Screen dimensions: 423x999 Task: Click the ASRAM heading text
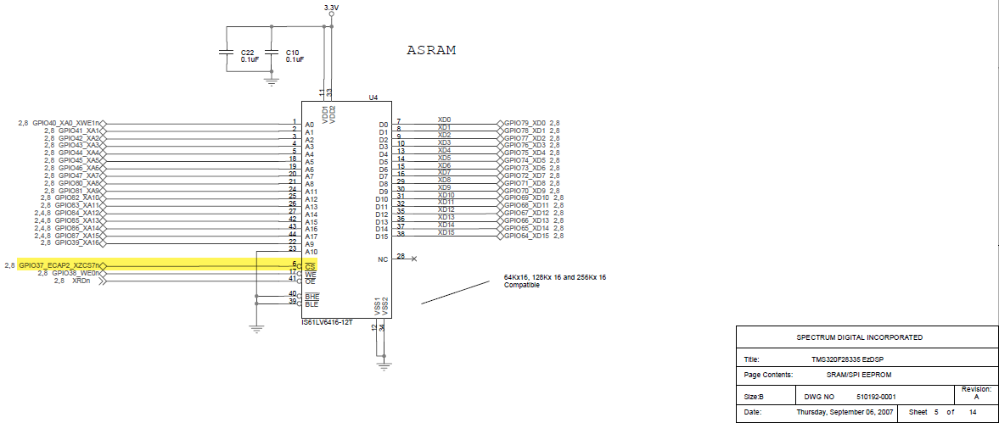(x=431, y=50)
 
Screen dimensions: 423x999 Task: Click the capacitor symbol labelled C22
(x=227, y=52)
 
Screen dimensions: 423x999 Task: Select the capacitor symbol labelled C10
(x=272, y=52)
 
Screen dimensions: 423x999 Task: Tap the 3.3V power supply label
(x=332, y=8)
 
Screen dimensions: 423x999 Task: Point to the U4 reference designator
(x=373, y=98)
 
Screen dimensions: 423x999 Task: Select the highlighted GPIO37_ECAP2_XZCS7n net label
(x=59, y=265)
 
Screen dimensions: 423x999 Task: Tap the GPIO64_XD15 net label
(x=526, y=236)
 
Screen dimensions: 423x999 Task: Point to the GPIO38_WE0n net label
(x=76, y=273)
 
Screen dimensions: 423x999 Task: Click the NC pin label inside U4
(x=383, y=259)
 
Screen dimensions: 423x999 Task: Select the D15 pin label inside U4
(x=382, y=237)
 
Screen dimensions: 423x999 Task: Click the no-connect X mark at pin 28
(x=413, y=258)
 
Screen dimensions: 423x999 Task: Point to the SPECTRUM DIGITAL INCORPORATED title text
(x=859, y=337)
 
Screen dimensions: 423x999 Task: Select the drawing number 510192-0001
(x=876, y=396)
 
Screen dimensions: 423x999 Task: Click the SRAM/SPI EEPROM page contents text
(x=858, y=374)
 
